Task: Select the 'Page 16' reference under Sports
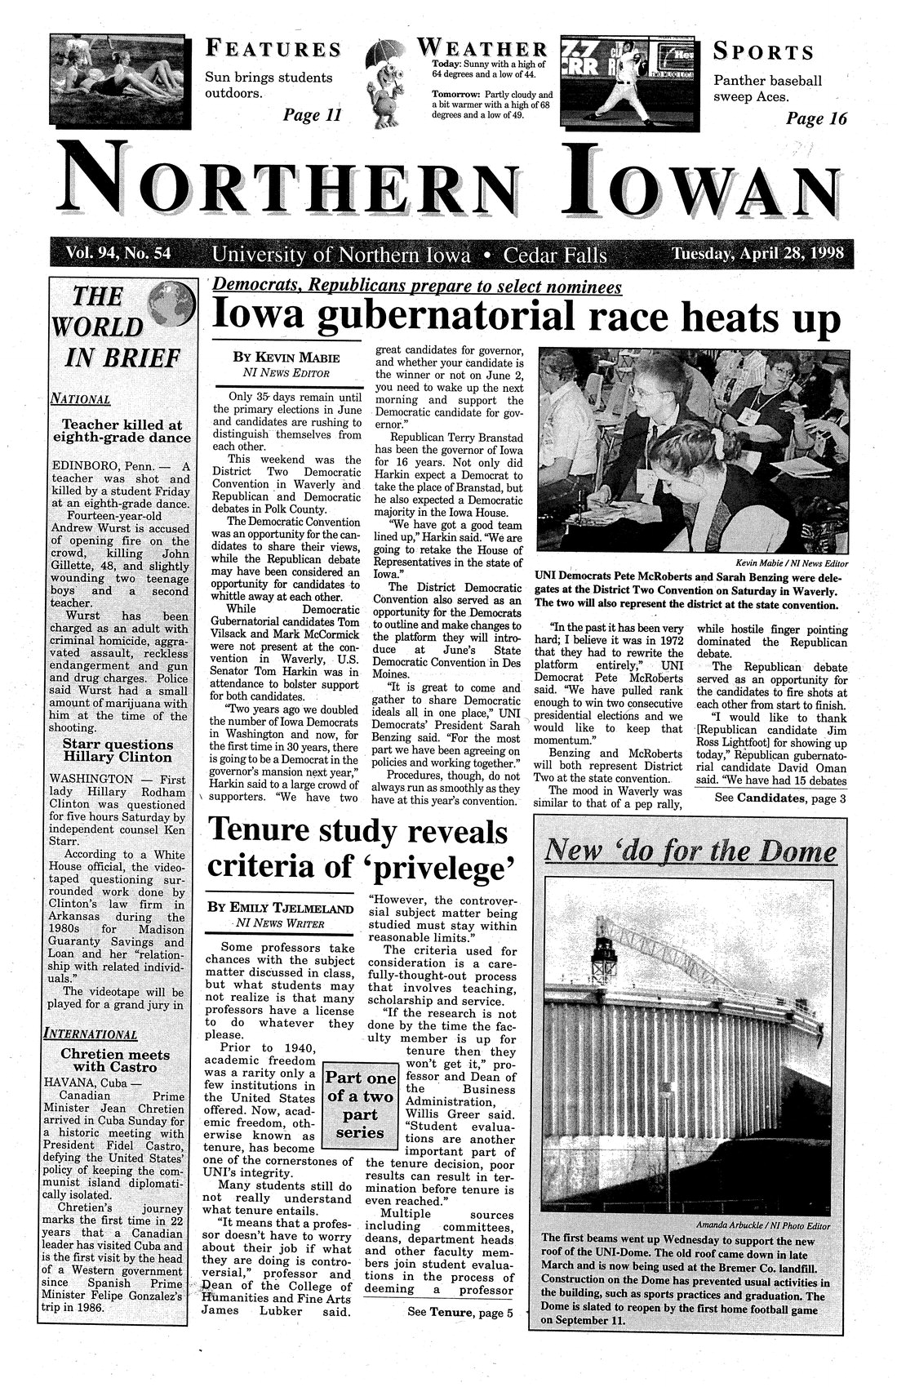[x=815, y=119]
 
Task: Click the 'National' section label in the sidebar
[x=80, y=400]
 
